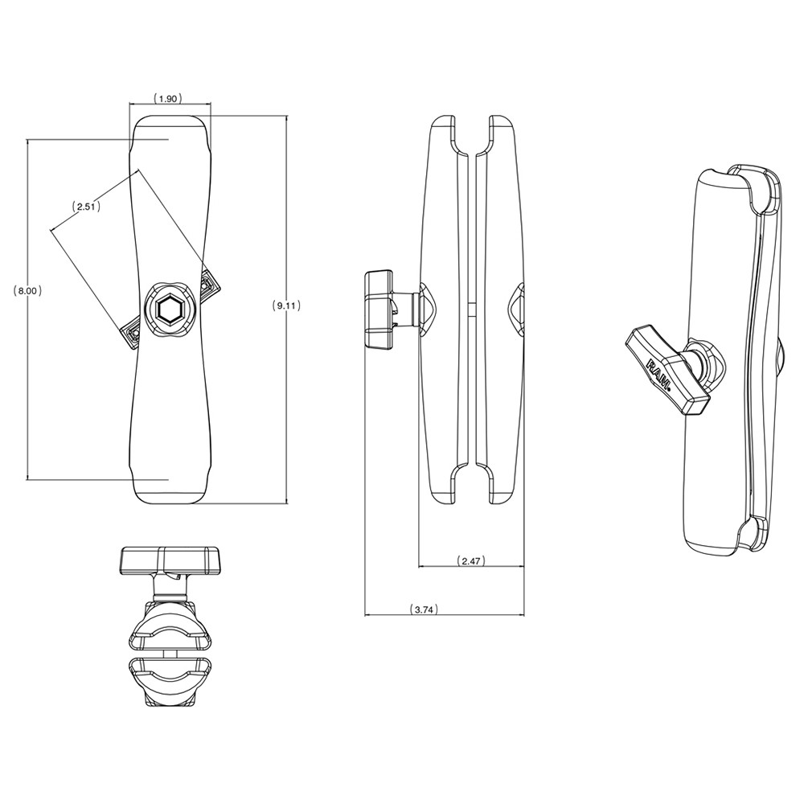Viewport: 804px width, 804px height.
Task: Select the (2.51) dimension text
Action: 85,207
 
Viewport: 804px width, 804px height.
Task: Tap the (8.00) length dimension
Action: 28,291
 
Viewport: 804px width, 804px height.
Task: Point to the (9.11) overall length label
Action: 287,306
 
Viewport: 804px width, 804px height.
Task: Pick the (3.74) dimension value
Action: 423,609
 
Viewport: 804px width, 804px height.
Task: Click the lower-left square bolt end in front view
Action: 132,334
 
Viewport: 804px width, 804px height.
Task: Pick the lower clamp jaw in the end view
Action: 170,679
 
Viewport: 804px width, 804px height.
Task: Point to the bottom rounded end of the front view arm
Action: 170,489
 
